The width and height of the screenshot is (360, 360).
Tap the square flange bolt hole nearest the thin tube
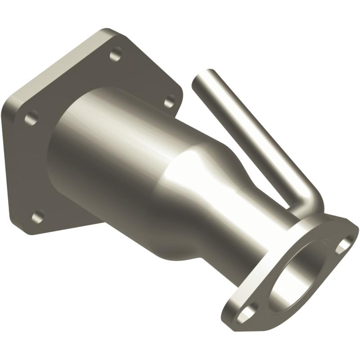(x=169, y=101)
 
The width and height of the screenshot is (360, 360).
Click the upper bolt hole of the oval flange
(x=344, y=243)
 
